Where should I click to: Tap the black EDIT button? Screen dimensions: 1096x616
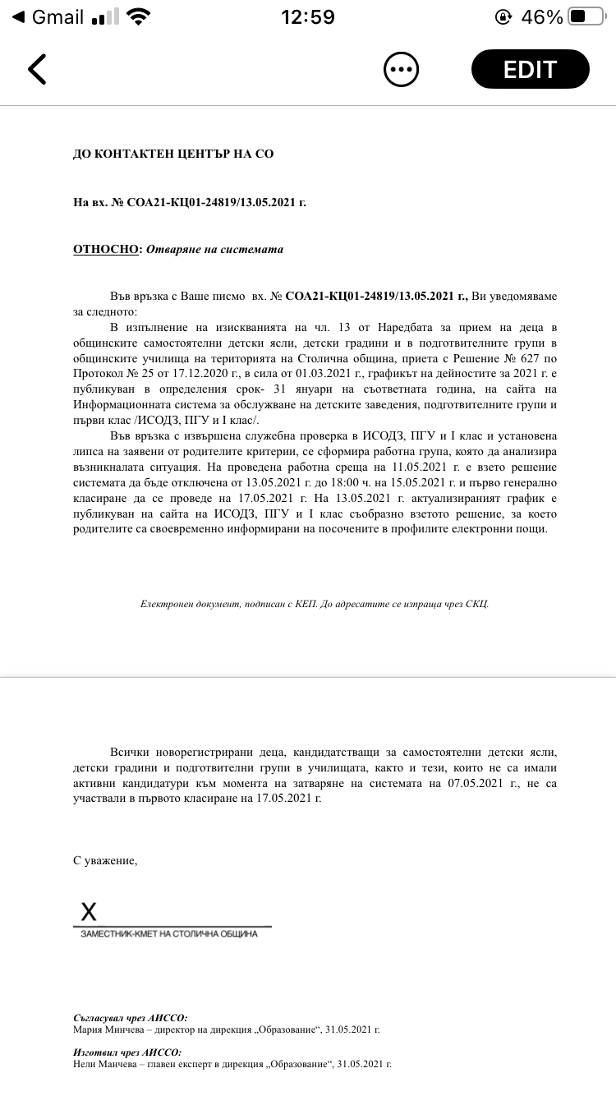[x=530, y=69]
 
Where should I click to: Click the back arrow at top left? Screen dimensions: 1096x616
[x=37, y=69]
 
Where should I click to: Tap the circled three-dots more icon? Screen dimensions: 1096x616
[x=402, y=69]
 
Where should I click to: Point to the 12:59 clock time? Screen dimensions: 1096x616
[x=308, y=16]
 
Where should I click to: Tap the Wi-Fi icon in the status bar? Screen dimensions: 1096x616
[x=139, y=16]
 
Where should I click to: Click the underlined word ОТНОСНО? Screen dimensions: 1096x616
[x=106, y=250]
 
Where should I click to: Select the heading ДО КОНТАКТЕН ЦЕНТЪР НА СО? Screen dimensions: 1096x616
[x=173, y=154]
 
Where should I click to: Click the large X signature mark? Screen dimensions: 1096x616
[x=88, y=910]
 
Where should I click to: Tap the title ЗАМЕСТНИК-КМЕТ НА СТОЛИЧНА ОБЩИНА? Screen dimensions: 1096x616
[x=168, y=934]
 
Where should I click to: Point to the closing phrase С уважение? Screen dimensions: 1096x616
[x=105, y=860]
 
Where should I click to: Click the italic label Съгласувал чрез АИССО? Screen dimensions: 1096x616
[x=131, y=1017]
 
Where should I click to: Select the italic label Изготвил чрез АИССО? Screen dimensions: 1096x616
[x=127, y=1052]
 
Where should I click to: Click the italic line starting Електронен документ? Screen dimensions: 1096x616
[x=315, y=604]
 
